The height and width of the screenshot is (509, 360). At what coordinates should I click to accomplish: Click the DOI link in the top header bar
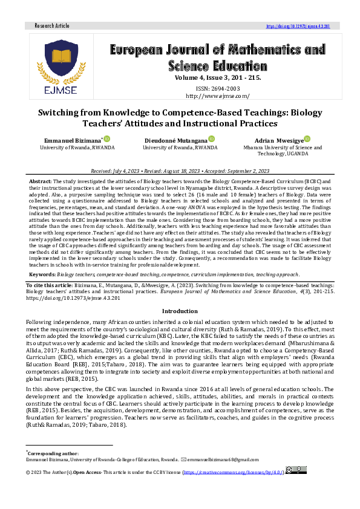tap(303, 27)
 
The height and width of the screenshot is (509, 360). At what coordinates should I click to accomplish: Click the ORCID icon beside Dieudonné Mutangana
tap(212, 139)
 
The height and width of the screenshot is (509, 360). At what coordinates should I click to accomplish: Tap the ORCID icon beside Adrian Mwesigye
tap(307, 139)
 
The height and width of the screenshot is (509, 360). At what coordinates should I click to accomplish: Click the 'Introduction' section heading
tap(179, 311)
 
